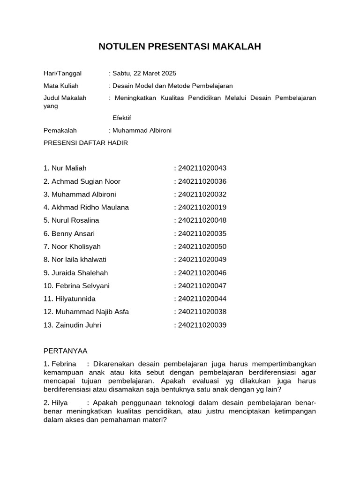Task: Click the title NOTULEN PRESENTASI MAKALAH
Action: pos(180,47)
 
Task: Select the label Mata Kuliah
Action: pos(61,86)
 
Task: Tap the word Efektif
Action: pos(122,118)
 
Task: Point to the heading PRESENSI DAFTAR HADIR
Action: pos(85,143)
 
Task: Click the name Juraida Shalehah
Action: pos(79,273)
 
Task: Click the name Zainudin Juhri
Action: pos(78,325)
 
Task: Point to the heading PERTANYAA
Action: pos(65,351)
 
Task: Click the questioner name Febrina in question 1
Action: pos(63,364)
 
